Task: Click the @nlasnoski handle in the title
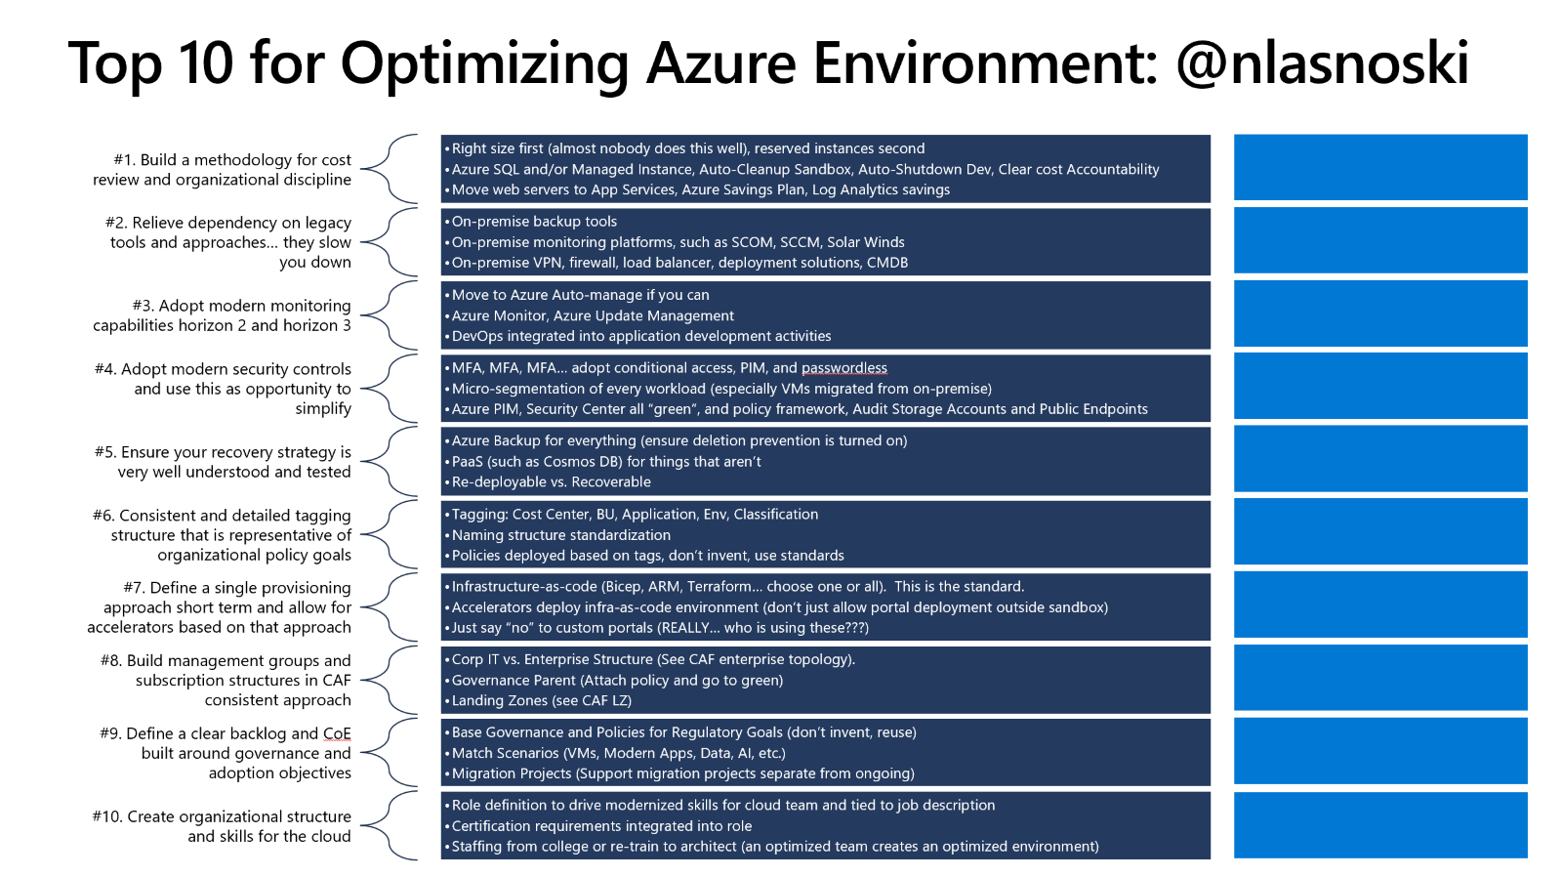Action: click(1322, 63)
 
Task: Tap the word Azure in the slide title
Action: click(720, 63)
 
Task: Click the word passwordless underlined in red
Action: click(844, 368)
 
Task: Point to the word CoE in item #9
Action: click(337, 733)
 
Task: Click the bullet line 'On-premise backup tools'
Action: click(534, 222)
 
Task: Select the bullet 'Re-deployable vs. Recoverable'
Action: click(551, 482)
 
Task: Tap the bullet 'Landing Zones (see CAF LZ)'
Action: click(541, 701)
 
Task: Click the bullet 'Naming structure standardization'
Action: click(560, 535)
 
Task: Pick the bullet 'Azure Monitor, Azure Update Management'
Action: click(593, 316)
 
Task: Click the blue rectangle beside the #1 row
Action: click(1379, 167)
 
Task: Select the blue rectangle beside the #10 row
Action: click(1379, 825)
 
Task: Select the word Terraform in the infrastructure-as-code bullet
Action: click(723, 587)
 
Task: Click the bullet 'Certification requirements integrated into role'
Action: click(601, 826)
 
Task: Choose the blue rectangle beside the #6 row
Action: click(1379, 532)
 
